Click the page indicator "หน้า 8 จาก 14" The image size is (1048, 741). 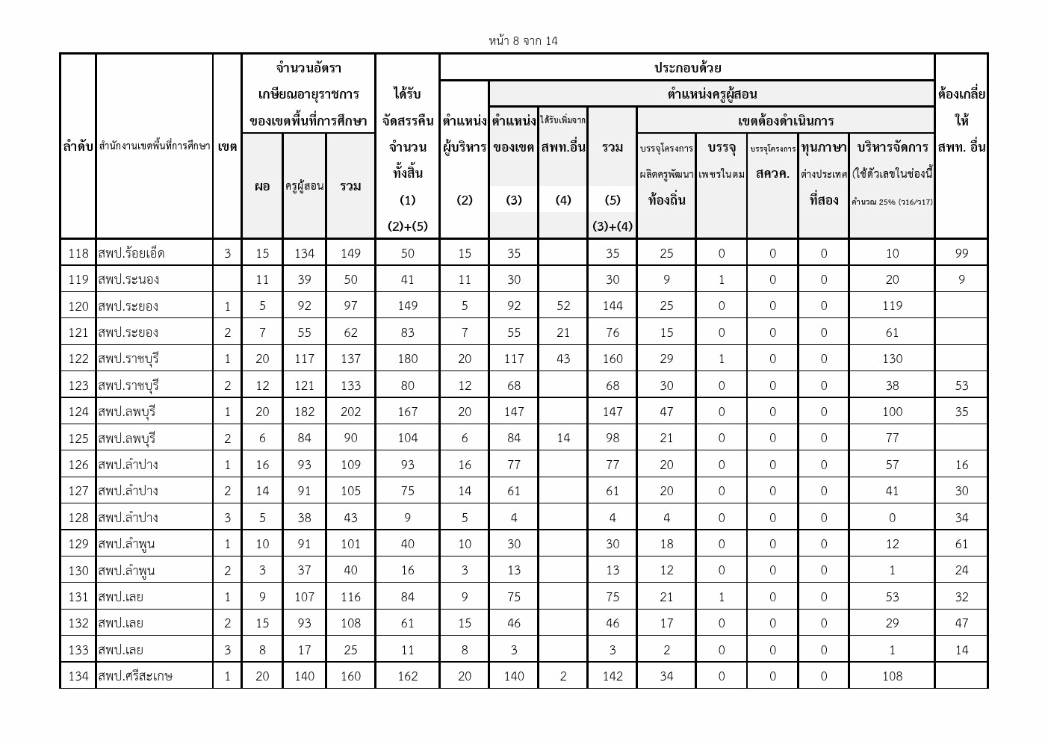(x=523, y=41)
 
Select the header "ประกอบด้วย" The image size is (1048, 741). (x=687, y=68)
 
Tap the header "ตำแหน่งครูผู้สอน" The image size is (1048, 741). (x=711, y=94)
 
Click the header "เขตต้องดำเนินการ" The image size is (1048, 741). (x=785, y=121)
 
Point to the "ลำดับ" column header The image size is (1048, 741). (x=78, y=147)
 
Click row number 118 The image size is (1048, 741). (x=78, y=253)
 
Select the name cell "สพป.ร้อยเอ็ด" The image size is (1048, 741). (x=131, y=253)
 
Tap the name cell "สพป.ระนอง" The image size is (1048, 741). (x=128, y=279)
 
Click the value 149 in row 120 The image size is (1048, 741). (x=407, y=306)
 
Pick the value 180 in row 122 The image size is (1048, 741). (x=407, y=359)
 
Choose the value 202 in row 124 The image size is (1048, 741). (x=350, y=412)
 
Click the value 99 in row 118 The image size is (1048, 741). (x=961, y=253)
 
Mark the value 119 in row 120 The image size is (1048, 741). (x=892, y=306)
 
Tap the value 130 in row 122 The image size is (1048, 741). (x=892, y=359)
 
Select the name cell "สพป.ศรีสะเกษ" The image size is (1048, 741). (x=135, y=676)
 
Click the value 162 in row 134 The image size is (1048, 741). (x=407, y=676)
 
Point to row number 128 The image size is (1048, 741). (x=78, y=518)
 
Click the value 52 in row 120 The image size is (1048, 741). (x=563, y=306)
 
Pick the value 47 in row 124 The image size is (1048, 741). (x=666, y=412)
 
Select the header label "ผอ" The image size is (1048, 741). (x=261, y=186)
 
